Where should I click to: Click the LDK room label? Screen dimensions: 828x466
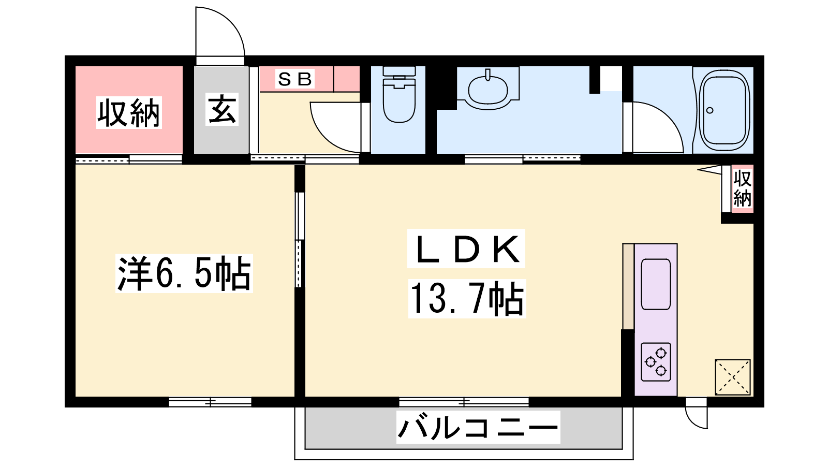coord(466,249)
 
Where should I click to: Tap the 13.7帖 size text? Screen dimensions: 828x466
coord(467,299)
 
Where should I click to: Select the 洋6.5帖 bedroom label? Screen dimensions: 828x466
coord(184,273)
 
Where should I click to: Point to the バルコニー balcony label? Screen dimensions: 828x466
coord(478,427)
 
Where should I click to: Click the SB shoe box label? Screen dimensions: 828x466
coord(294,79)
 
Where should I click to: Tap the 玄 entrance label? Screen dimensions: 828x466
coord(222,109)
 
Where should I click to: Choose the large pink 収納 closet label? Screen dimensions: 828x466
coord(129,112)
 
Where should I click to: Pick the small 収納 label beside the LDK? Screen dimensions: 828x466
coord(742,189)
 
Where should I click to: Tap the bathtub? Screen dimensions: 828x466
coord(723,110)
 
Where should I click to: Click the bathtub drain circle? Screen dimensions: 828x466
coord(709,110)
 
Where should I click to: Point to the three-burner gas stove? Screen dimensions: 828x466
coord(656,362)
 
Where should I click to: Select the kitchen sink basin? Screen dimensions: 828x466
coord(656,284)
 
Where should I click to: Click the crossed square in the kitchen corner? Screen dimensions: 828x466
coord(733,377)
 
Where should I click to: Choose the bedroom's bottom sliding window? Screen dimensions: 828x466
coord(210,402)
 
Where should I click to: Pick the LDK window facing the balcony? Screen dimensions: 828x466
coord(464,402)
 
